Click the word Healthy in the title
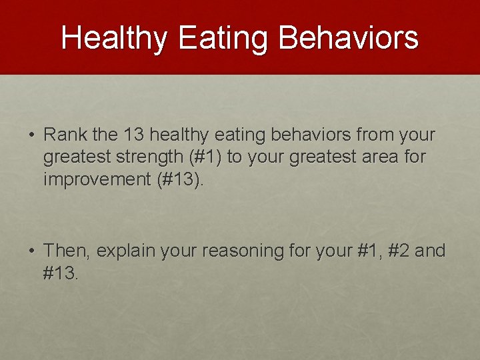tap(113, 38)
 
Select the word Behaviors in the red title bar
tap(349, 38)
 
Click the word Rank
tap(66, 135)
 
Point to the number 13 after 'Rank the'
tap(134, 135)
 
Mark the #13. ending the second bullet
tap(61, 273)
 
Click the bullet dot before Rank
tap(32, 135)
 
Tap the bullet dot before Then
tap(32, 251)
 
